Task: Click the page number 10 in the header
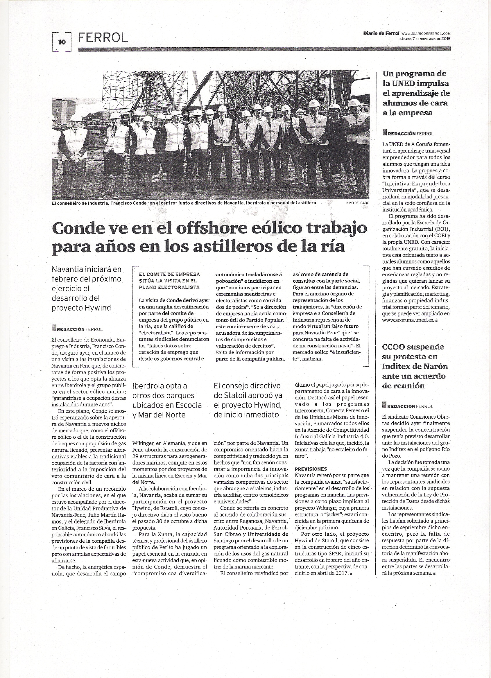62,42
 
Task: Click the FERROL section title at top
103,38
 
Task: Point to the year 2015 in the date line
446,39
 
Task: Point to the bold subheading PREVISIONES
311,469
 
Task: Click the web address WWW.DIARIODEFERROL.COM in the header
426,34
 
